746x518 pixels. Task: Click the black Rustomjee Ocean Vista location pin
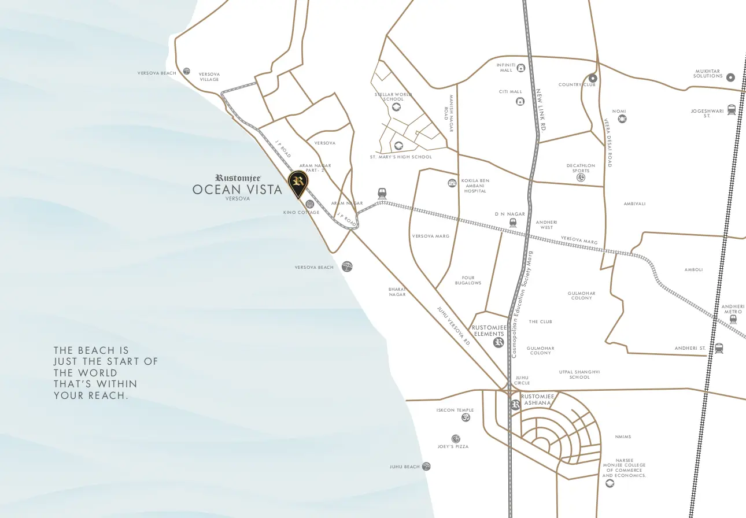[x=298, y=183]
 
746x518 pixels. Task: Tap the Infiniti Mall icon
[x=521, y=68]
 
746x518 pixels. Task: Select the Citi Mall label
[x=511, y=91]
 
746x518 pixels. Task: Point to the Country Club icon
[x=593, y=78]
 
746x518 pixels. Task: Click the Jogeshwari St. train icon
[x=732, y=109]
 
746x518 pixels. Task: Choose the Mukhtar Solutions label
[x=708, y=74]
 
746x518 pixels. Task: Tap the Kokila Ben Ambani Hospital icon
[x=452, y=183]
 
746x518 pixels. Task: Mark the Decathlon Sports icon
[x=581, y=177]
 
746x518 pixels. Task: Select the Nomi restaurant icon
[x=622, y=119]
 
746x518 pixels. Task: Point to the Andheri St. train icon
[x=719, y=348]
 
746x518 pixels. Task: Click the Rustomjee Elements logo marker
[x=498, y=343]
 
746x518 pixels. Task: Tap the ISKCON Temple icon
[x=466, y=417]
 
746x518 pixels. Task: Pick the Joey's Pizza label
[x=453, y=447]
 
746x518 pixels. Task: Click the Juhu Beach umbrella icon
[x=427, y=467]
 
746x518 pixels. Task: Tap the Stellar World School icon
[x=397, y=108]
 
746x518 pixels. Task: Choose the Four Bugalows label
[x=468, y=280]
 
